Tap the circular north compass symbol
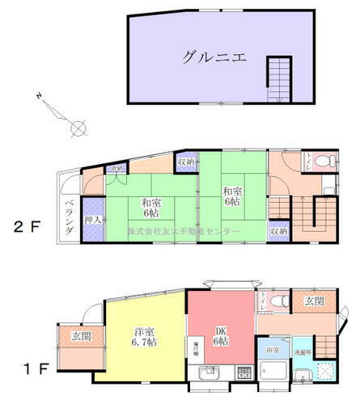78,127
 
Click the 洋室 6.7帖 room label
143,338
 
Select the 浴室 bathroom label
272,348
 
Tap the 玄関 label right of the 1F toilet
314,302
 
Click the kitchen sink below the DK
210,374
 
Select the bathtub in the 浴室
273,374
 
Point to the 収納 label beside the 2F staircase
278,231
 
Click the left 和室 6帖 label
151,208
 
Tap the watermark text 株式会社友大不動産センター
183,232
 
